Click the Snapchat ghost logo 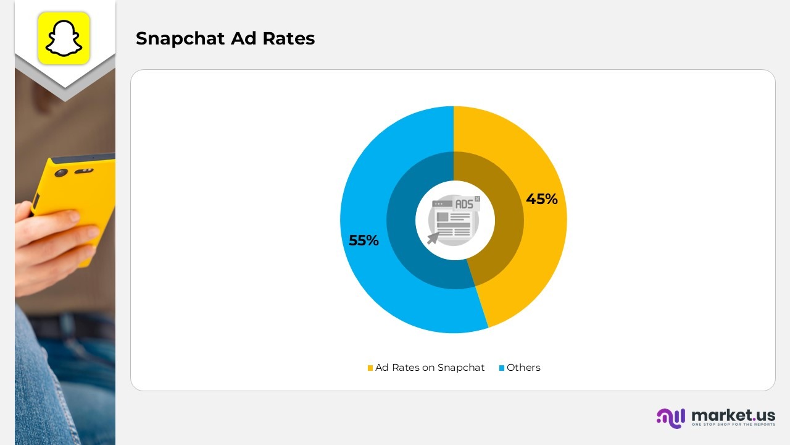point(64,38)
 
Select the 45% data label point(541,199)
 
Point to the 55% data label point(364,240)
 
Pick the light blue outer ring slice point(370,185)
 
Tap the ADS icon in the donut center point(454,219)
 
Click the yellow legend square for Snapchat point(370,368)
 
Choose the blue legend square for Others point(502,368)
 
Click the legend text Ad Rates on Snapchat point(430,368)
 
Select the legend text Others point(523,368)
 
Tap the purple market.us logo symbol point(671,418)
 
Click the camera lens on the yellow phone point(60,173)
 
